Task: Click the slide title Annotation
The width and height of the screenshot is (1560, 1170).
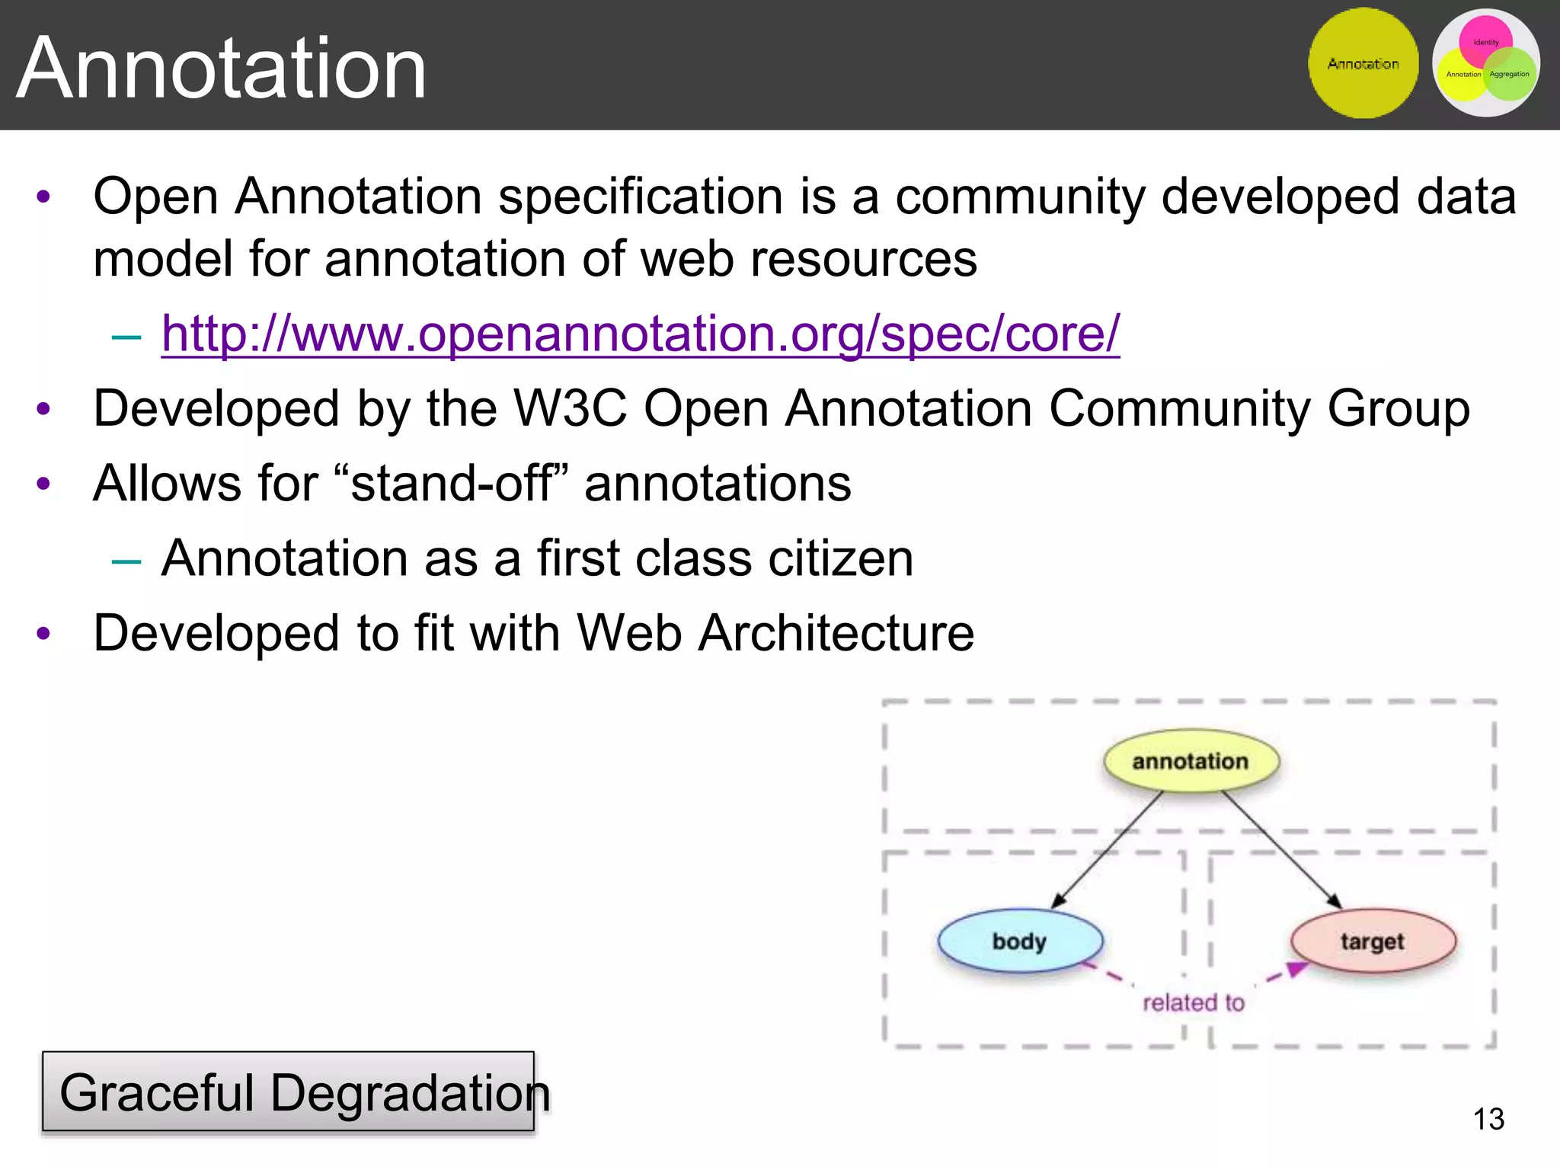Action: tap(221, 69)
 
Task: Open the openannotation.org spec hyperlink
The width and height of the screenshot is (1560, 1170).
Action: tap(640, 334)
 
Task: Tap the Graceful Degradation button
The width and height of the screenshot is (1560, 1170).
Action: tap(288, 1092)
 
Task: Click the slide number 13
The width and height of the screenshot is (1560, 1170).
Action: tap(1488, 1119)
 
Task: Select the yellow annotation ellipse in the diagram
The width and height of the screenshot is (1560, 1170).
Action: tap(1191, 761)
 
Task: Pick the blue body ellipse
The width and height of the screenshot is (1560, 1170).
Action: tap(1019, 941)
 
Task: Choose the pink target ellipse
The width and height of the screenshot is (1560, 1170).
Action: tap(1373, 941)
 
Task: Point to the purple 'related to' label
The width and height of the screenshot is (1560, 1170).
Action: tap(1194, 1003)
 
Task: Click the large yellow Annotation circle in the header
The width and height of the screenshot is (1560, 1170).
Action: tap(1363, 64)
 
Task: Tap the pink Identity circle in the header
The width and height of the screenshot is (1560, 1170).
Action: tap(1485, 38)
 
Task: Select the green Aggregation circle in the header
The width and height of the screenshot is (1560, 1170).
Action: tap(1510, 75)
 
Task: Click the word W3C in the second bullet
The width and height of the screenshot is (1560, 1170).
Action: tap(570, 408)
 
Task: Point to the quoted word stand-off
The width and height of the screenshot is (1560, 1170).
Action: tap(451, 483)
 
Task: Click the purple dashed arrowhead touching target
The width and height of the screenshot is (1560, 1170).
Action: tap(1296, 969)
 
